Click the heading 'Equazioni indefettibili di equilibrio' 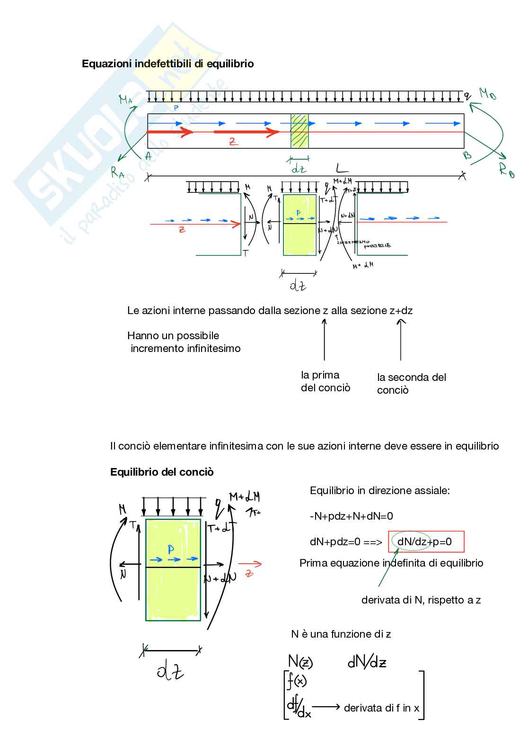tap(167, 63)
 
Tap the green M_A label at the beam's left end tap(125, 99)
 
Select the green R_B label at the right tap(506, 169)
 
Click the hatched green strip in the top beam tap(299, 131)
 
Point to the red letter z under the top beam tap(232, 141)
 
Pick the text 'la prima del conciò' tap(326, 381)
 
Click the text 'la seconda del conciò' tap(411, 384)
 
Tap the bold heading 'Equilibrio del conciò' tap(162, 472)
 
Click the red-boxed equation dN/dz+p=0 tap(426, 541)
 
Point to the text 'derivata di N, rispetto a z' tap(421, 600)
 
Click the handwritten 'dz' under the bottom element tap(170, 671)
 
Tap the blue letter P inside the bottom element tap(171, 550)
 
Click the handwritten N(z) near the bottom tap(300, 661)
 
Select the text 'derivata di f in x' tap(381, 708)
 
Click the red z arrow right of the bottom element tap(250, 564)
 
